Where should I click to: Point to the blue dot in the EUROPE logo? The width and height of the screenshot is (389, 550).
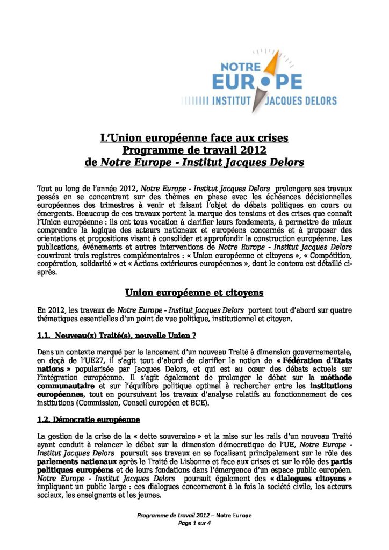[264, 82]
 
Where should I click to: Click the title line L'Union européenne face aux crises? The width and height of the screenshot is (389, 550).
[195, 138]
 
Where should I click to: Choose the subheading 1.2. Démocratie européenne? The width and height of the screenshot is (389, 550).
[89, 418]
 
